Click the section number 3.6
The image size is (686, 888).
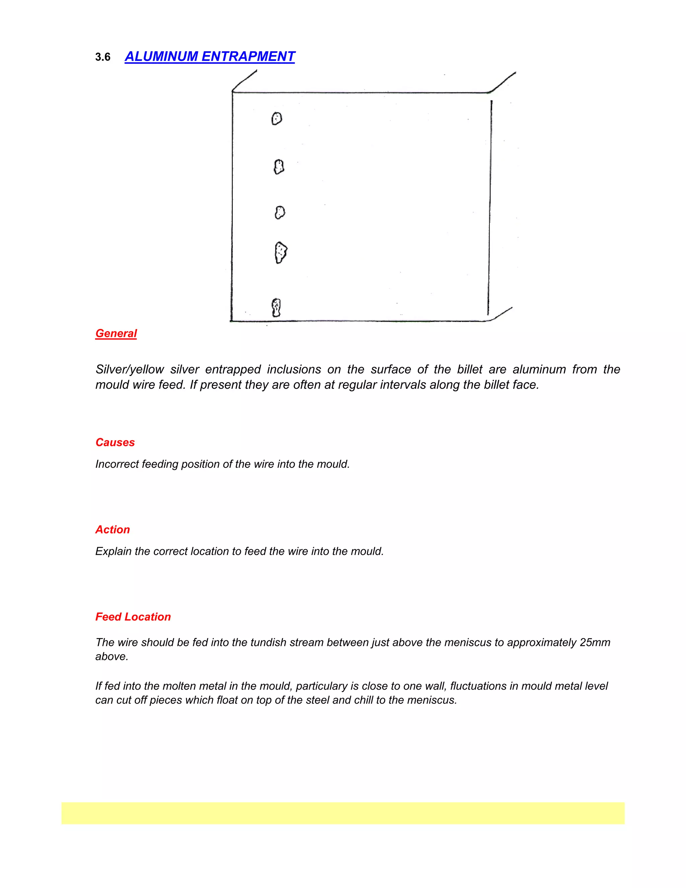(x=103, y=57)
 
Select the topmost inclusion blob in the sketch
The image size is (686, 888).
(x=277, y=119)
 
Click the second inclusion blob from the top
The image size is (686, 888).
(x=279, y=167)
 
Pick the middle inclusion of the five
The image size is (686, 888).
(x=280, y=212)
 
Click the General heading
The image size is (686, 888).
(x=116, y=333)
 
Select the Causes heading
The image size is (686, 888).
(x=115, y=442)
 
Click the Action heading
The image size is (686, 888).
(x=113, y=529)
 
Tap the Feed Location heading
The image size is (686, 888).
(x=133, y=617)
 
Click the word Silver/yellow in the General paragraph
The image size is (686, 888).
(x=130, y=369)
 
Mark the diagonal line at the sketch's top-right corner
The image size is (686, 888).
(x=503, y=82)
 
